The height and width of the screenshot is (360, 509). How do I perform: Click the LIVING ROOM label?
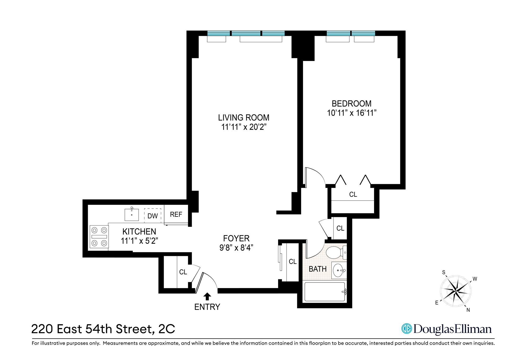point(244,118)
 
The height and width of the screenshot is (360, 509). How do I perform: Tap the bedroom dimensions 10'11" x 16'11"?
point(352,113)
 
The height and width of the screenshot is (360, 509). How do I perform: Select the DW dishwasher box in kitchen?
point(152,215)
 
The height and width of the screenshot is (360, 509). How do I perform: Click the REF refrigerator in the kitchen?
point(176,214)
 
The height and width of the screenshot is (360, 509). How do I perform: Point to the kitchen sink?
point(131,215)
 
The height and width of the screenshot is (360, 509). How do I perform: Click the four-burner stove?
point(99,237)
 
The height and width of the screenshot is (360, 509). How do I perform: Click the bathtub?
point(324,292)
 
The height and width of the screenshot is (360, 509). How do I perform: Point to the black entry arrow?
point(207,297)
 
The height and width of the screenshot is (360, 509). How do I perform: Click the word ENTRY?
point(207,307)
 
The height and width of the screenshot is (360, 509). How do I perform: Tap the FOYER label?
point(236,238)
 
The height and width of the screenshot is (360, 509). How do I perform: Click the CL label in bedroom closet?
point(353,194)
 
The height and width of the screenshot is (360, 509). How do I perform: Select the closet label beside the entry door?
point(183,272)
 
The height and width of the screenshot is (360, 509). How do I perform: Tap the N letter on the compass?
point(468,310)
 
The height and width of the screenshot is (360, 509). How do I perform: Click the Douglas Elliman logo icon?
point(406,329)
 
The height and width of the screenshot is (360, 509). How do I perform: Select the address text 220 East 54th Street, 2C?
point(103,329)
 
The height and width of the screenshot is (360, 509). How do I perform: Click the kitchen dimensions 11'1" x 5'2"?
point(139,241)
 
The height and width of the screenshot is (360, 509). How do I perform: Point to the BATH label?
point(318,269)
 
